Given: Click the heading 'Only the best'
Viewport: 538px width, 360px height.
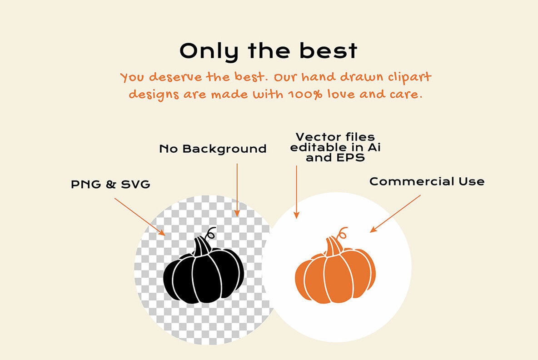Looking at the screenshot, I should [269, 51].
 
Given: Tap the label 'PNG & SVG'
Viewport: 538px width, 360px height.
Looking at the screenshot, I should [110, 185].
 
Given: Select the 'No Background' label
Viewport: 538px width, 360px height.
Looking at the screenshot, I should [213, 149].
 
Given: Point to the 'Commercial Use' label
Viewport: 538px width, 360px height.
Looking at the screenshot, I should [427, 182].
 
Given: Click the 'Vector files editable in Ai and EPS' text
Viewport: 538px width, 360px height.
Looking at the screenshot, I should [335, 147].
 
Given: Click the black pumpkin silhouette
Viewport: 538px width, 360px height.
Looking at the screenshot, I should [203, 275].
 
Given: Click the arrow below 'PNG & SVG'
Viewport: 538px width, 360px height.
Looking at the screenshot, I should [139, 216].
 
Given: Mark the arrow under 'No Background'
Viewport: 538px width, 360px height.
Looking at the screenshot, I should [237, 190].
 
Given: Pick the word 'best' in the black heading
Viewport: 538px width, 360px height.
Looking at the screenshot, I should [328, 51].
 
